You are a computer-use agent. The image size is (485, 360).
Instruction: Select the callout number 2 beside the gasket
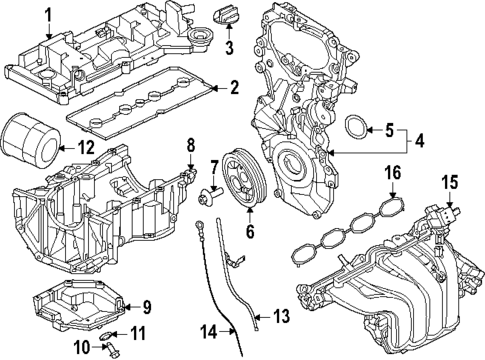pos(233,88)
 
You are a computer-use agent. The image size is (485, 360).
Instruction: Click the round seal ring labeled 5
pos(355,128)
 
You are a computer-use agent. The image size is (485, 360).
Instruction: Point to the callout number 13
pos(281,317)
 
